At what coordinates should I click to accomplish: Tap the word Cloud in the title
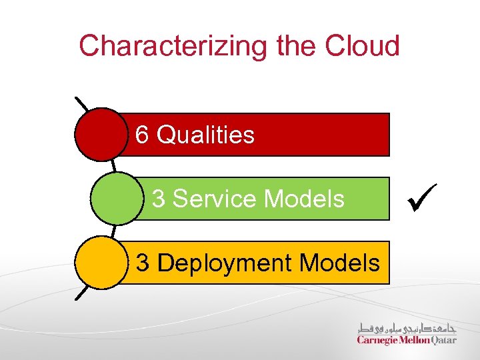coord(363,45)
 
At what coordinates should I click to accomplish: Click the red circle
coord(100,135)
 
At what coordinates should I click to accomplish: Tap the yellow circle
coord(100,263)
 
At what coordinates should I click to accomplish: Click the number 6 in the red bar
coord(142,135)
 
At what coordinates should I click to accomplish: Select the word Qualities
coord(205,135)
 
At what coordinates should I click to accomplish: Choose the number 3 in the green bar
coord(159,199)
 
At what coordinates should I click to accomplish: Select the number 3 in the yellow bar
coord(143,263)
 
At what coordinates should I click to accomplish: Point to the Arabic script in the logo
coord(407,327)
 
